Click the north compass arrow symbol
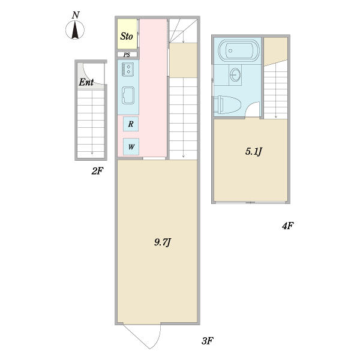click(75, 30)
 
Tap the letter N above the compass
click(76, 15)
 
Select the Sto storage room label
click(127, 36)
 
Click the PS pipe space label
click(127, 55)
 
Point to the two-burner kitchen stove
click(128, 70)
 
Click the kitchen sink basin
click(128, 95)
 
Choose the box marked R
click(131, 124)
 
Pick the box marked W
click(131, 147)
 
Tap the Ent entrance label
click(86, 82)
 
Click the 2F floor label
click(97, 171)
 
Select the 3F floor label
click(208, 341)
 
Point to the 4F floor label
click(287, 226)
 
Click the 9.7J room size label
click(163, 242)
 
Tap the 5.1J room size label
click(254, 152)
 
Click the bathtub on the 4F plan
click(239, 50)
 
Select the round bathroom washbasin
click(235, 74)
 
